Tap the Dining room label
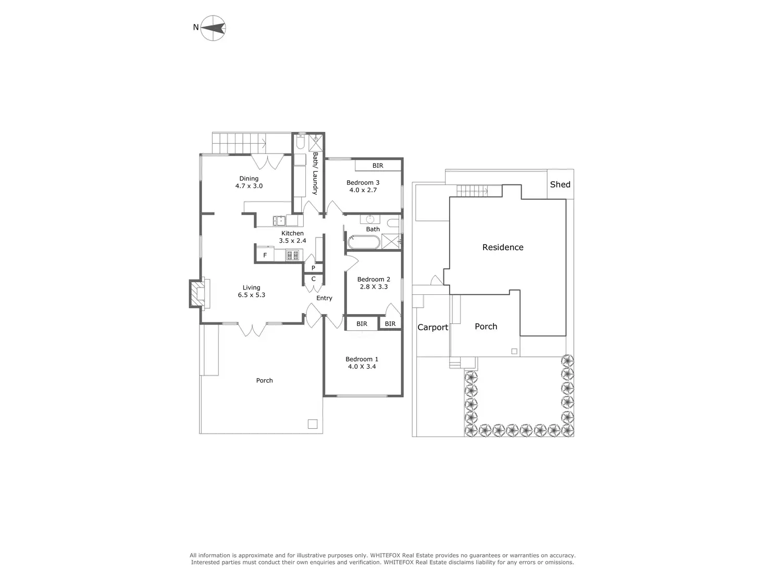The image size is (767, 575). (249, 179)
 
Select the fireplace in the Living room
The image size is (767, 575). (200, 294)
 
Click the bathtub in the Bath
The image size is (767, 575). (364, 242)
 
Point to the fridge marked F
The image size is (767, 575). (265, 255)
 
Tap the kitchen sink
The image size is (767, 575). (279, 221)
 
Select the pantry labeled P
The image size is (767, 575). (313, 268)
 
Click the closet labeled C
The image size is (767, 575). (313, 279)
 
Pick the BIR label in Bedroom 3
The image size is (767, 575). (377, 166)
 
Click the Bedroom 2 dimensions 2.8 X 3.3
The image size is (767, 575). (374, 286)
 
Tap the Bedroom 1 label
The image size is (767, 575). (362, 359)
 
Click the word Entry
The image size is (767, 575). (324, 298)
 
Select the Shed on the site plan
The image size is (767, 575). (560, 184)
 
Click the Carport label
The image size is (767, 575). (432, 327)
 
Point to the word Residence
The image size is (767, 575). (502, 247)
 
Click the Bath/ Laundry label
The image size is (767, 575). (315, 173)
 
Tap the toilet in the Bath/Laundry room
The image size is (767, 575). (300, 142)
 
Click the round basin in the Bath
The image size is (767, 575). (370, 219)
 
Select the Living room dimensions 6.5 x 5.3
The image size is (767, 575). (251, 295)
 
